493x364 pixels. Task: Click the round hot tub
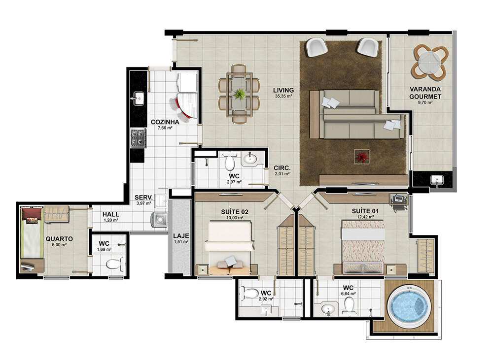click(x=408, y=304)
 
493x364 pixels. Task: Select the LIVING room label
click(x=283, y=90)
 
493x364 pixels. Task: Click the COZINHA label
click(x=165, y=122)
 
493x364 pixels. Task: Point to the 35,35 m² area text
click(x=283, y=96)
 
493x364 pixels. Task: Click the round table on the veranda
click(x=430, y=63)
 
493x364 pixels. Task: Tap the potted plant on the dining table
click(x=240, y=94)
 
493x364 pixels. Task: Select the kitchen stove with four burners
click(x=139, y=138)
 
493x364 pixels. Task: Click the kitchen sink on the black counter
click(x=138, y=99)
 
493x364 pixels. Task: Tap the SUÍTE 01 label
click(x=365, y=211)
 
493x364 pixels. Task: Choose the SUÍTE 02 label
click(x=235, y=212)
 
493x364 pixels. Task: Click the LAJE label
click(x=181, y=236)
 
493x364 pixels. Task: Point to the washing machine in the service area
click(x=160, y=219)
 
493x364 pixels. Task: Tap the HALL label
click(x=110, y=214)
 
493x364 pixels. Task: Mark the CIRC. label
click(x=282, y=167)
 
